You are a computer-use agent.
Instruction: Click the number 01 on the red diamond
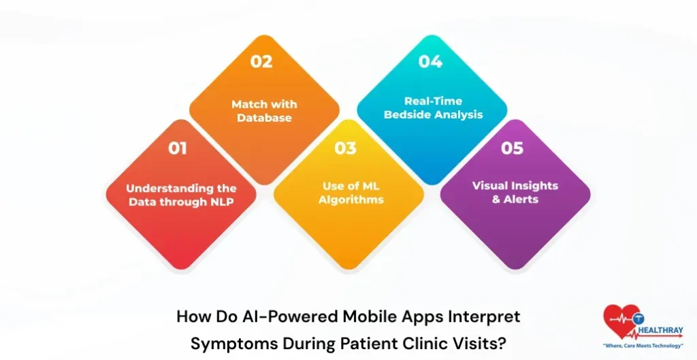point(178,148)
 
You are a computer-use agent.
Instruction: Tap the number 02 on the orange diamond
point(261,61)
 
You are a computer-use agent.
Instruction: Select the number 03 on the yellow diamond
point(345,148)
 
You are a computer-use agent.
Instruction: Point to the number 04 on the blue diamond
point(430,61)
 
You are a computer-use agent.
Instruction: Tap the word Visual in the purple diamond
point(491,185)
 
